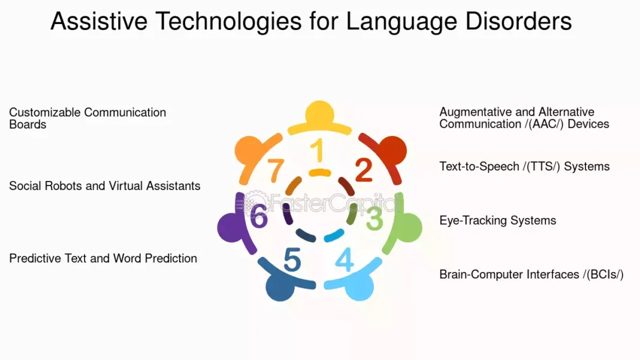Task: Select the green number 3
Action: pos(375,219)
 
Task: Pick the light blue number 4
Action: pos(345,259)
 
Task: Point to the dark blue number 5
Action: pos(292,261)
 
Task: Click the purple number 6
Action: pos(259,216)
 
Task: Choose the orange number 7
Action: pos(275,171)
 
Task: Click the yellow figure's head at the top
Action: pos(319,113)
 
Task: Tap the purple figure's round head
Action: pos(230,227)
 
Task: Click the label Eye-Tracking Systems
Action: pos(497,220)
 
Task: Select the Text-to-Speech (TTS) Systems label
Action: pos(524,167)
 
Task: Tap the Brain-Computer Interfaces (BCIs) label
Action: pos(532,274)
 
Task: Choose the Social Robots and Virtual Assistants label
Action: pos(105,186)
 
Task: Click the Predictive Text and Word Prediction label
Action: pos(103,258)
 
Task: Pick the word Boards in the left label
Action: pos(28,125)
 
